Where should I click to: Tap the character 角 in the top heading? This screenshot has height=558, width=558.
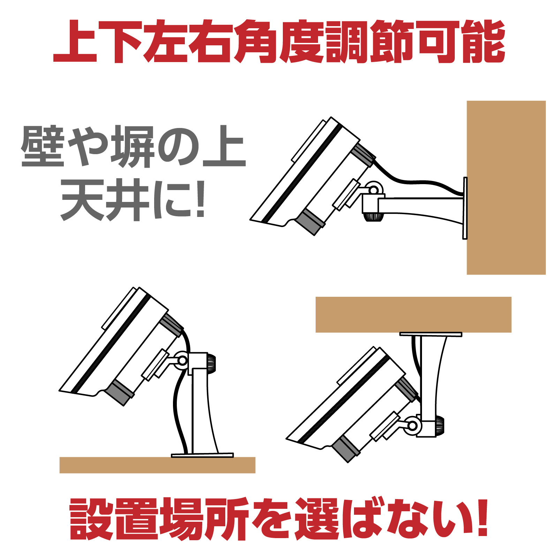pos(256,42)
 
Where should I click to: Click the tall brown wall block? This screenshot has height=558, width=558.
pos(506,188)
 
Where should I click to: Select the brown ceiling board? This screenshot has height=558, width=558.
pos(413,315)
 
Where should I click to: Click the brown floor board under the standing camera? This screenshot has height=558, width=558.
pos(157,465)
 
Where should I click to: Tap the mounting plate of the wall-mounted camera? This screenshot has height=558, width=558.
pos(465,208)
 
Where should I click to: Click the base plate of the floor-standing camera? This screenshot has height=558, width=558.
pos(202,455)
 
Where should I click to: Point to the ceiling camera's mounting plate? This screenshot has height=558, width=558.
pos(431,334)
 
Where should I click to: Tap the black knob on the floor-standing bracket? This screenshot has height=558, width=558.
pos(211,364)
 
